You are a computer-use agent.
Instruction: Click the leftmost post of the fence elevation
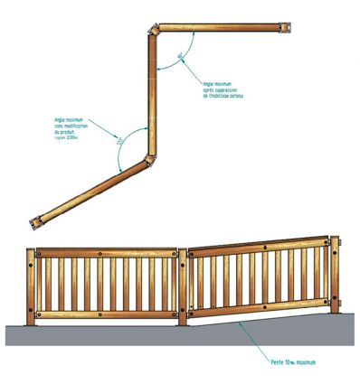click(x=33, y=287)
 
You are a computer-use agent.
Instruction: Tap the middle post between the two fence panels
click(x=184, y=287)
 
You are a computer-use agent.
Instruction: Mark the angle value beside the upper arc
click(x=182, y=55)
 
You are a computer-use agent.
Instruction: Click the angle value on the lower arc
click(x=118, y=141)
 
